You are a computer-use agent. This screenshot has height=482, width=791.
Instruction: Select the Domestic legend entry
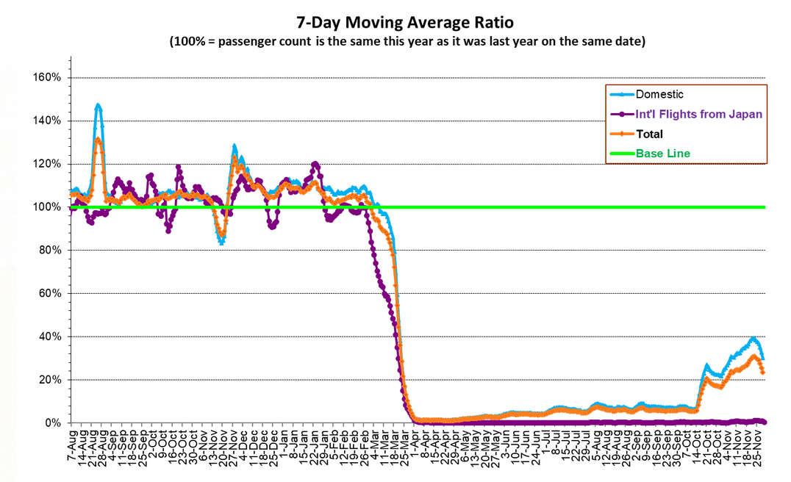click(659, 94)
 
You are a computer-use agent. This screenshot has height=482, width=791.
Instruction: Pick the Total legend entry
click(649, 134)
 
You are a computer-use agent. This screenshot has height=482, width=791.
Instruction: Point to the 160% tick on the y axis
click(49, 78)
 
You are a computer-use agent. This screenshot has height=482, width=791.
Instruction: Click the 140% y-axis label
click(49, 121)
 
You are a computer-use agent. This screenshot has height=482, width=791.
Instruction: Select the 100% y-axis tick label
click(49, 207)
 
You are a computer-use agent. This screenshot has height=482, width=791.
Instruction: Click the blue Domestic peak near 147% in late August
click(98, 106)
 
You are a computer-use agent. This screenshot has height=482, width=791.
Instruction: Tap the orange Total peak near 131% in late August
click(98, 140)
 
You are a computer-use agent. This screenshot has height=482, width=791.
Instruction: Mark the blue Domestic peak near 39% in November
click(753, 339)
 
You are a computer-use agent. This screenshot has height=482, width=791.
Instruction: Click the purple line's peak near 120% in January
click(315, 164)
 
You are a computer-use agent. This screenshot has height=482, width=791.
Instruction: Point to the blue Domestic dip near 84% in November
click(221, 242)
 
